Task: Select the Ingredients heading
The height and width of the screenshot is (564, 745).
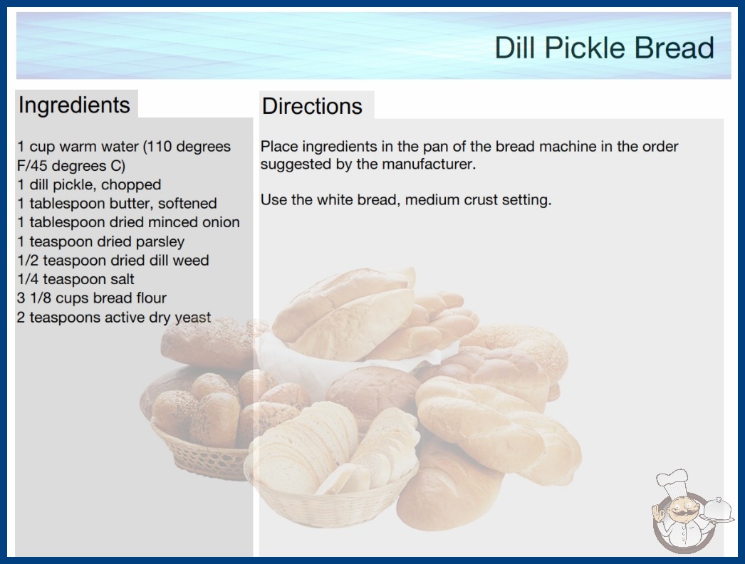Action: pos(74,105)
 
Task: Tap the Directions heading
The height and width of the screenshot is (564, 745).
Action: pos(312,106)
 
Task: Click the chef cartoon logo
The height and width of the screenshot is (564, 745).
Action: pos(692,511)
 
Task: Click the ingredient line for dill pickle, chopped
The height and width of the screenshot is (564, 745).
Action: pos(89,184)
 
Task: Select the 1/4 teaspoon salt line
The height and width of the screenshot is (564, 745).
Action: pos(76,279)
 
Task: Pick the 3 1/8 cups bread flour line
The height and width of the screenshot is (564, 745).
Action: pos(92,298)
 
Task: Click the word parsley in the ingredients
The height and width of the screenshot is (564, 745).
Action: pos(160,242)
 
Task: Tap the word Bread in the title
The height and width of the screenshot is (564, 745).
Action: pos(674,48)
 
